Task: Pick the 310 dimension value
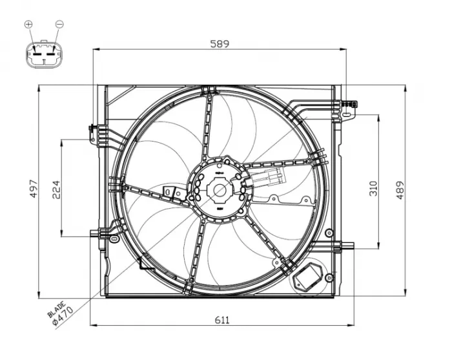[x=373, y=188]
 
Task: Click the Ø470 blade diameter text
[x=65, y=316]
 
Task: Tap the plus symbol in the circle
[x=28, y=25]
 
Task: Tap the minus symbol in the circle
[x=59, y=25]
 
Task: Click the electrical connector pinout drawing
[x=43, y=55]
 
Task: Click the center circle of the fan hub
[x=220, y=190]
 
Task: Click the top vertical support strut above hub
[x=208, y=126]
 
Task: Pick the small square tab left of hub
[x=171, y=192]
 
